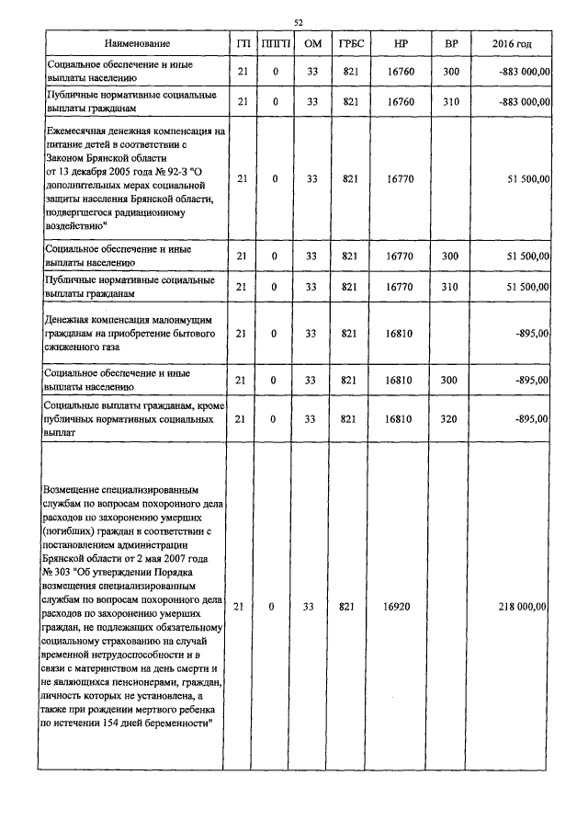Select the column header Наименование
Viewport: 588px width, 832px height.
[x=137, y=44]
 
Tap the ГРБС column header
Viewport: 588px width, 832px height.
[x=348, y=44]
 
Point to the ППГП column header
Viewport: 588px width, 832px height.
[x=275, y=44]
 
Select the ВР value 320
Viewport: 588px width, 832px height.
[x=450, y=418]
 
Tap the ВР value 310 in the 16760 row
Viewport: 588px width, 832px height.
[x=450, y=101]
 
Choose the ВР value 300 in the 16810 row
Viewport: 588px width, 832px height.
[x=450, y=380]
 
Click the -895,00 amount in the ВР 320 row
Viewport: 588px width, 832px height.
[x=532, y=418]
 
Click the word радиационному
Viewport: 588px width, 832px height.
[x=158, y=213]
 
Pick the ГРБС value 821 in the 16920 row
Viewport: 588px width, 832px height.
[x=348, y=607]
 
